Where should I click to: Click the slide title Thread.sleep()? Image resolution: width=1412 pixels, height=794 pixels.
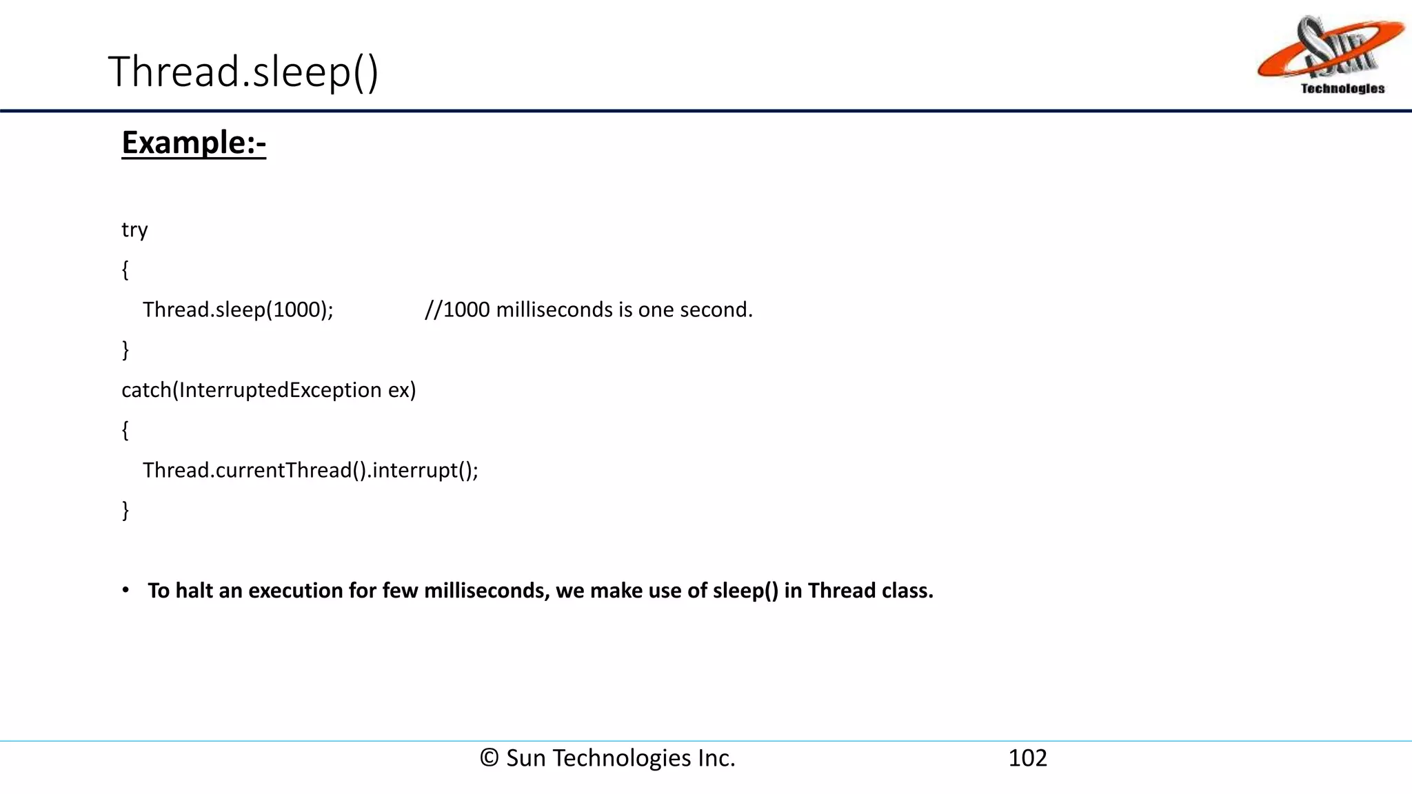click(243, 72)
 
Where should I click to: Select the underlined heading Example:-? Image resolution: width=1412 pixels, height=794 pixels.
click(194, 143)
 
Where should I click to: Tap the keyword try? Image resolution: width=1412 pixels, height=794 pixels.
click(134, 230)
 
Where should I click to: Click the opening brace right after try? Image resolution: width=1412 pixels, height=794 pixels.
click(125, 269)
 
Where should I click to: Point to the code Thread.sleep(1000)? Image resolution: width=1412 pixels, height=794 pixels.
click(238, 309)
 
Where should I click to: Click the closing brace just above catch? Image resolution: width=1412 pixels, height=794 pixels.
click(125, 349)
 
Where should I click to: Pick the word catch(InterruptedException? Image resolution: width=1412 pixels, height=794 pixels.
click(252, 390)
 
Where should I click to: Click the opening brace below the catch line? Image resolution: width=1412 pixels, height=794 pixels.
click(125, 430)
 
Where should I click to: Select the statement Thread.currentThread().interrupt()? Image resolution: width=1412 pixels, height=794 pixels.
click(310, 470)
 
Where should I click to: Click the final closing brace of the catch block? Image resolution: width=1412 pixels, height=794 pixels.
click(125, 510)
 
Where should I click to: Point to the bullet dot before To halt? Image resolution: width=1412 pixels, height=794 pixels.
click(125, 590)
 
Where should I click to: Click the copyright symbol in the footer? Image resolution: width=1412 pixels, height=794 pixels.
click(490, 757)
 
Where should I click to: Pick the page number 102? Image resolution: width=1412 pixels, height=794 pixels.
click(1027, 757)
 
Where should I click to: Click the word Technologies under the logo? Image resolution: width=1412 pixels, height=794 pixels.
click(1342, 88)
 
